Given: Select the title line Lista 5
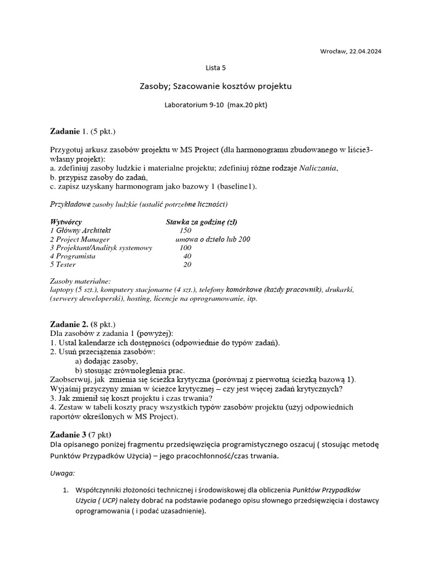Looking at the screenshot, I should pyautogui.click(x=215, y=68).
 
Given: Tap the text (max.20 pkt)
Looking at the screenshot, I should pyautogui.click(x=247, y=104).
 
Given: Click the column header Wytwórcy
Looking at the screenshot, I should pyautogui.click(x=65, y=222).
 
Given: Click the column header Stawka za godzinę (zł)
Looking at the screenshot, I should pyautogui.click(x=202, y=222).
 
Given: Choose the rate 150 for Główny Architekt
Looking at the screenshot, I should pyautogui.click(x=185, y=231).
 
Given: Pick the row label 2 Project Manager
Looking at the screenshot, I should pyautogui.click(x=80, y=240).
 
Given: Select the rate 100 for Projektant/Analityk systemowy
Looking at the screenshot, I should pyautogui.click(x=185, y=248).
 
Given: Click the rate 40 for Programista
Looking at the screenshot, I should pyautogui.click(x=187, y=256).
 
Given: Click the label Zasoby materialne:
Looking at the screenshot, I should pyautogui.click(x=80, y=280).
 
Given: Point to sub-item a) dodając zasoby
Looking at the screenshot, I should pyautogui.click(x=106, y=361).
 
